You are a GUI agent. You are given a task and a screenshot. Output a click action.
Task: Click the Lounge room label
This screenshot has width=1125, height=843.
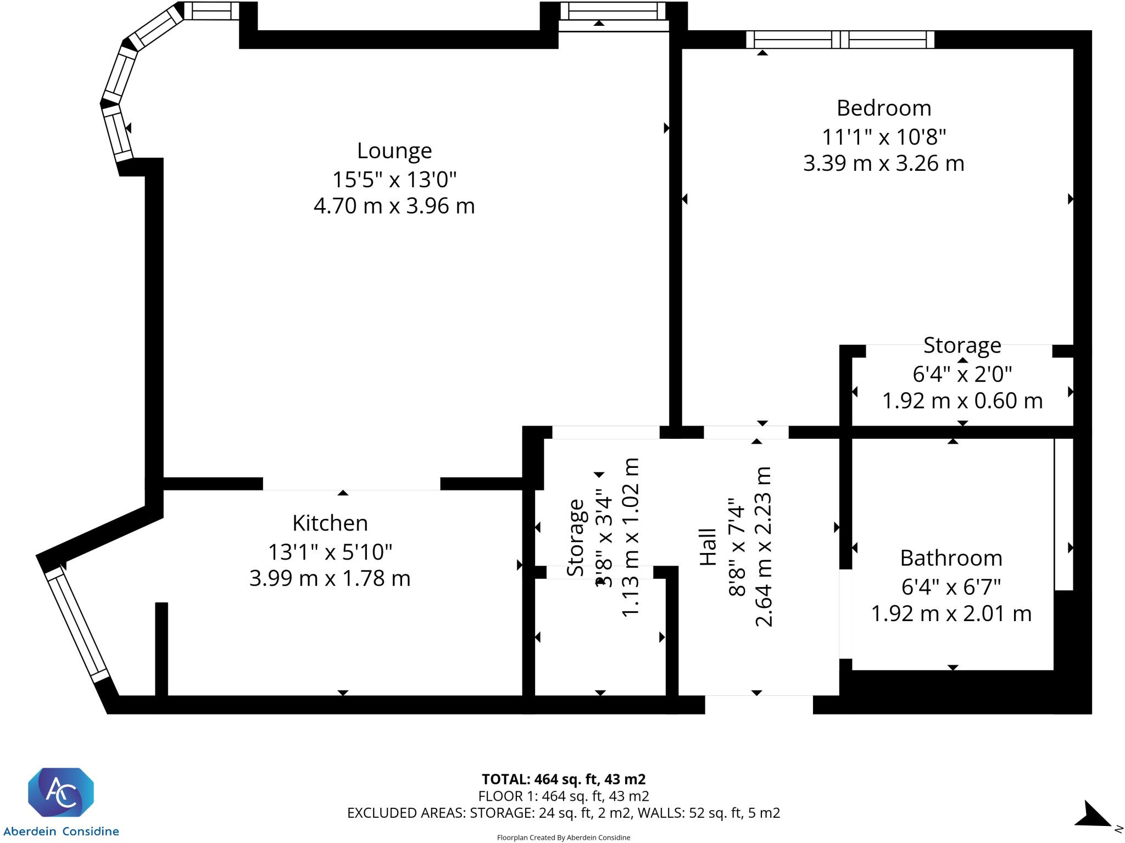coord(394,150)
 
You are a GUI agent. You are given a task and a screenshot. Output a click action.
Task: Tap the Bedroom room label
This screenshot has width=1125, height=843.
coord(883,108)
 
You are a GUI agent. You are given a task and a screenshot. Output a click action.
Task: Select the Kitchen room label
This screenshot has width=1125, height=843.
coord(330,523)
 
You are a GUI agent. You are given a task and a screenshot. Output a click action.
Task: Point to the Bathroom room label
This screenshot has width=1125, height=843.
coord(951,558)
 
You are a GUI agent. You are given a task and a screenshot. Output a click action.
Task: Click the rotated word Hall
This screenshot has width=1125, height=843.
coord(708,547)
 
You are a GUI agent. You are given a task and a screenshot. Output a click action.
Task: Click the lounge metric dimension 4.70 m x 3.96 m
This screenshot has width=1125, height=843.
coord(394,206)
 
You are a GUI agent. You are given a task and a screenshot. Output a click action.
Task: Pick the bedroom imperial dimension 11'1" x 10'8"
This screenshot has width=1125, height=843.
coord(883,137)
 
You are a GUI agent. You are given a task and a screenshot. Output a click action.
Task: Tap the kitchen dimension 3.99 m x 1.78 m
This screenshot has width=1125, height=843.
coord(330,578)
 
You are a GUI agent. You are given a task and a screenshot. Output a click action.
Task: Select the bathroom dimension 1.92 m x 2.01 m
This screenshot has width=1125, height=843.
coord(951,613)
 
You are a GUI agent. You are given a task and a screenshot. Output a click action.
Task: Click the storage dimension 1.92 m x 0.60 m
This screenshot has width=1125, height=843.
coord(962,401)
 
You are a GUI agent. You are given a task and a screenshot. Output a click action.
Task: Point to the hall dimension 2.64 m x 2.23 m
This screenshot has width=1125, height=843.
coord(764,547)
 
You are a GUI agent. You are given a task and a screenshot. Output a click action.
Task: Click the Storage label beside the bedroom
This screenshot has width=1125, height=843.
coord(962,345)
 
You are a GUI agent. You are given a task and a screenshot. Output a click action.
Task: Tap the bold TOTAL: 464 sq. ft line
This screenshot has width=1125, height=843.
coord(563,779)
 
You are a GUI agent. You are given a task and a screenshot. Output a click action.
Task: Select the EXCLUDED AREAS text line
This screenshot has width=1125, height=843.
coord(563,813)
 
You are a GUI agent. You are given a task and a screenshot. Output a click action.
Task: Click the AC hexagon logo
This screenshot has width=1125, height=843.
coord(61,792)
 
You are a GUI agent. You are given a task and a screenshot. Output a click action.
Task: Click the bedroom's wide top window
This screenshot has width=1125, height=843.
coord(839,40)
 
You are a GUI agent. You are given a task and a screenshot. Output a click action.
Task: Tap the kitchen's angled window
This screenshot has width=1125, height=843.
coord(77,624)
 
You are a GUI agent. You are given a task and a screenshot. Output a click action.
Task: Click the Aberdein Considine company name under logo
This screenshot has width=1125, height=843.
coord(61,831)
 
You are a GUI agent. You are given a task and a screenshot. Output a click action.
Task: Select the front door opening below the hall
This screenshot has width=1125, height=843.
coord(759,705)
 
